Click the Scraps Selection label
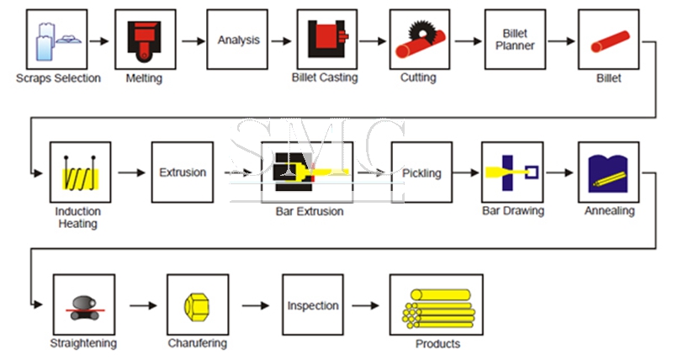(58, 78)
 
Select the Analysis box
(238, 40)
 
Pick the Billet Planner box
(515, 40)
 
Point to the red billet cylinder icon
(608, 40)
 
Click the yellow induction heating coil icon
(80, 175)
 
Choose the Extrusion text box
(183, 172)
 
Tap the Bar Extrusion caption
(310, 211)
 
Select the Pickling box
(421, 172)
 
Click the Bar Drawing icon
(512, 172)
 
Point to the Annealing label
(609, 211)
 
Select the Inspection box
(313, 306)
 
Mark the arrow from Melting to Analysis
(194, 40)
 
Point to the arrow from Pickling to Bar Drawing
(466, 172)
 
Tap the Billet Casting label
(325, 78)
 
